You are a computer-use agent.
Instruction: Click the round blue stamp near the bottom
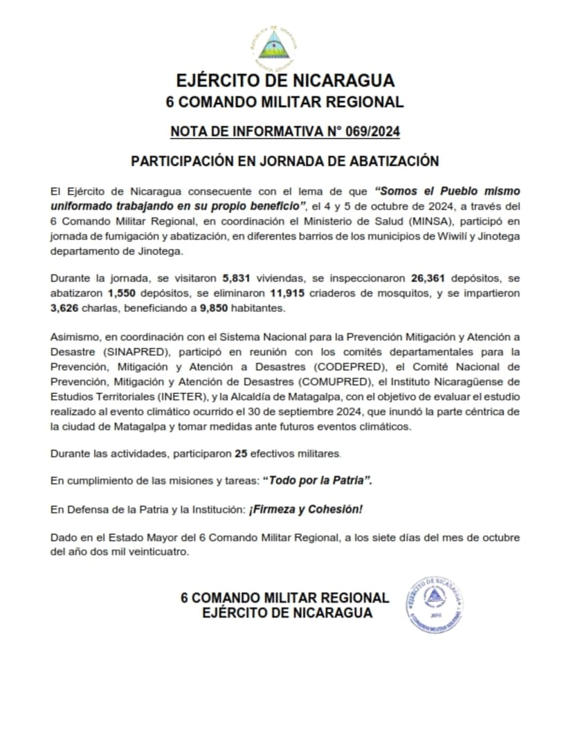[434, 603]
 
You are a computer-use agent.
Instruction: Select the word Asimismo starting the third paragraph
[73, 336]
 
